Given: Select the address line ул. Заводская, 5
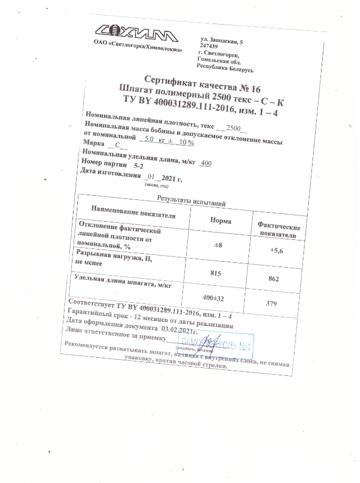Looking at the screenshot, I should coord(221,41).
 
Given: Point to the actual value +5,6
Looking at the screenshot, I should coord(276,250).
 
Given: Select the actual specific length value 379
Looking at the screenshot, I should coord(273,304).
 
